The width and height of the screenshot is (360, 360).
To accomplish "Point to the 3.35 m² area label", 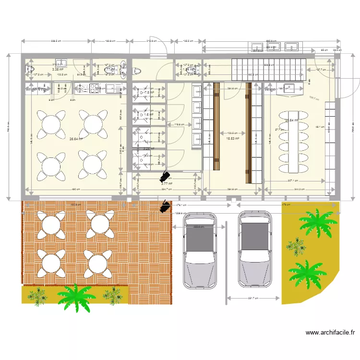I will tap(59, 69).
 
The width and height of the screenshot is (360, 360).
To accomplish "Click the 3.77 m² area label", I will tap(167, 183).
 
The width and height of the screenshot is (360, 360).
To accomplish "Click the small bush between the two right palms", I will tap(297, 245).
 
